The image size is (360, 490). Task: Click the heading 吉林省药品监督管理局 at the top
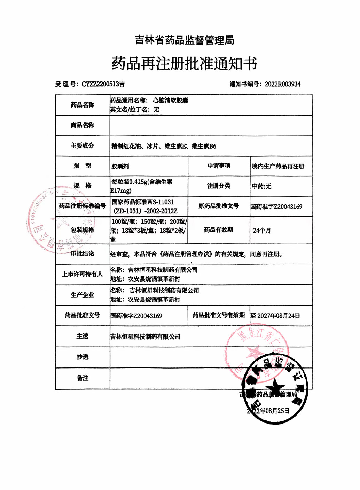click(x=185, y=40)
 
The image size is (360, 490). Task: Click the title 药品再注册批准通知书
click(x=184, y=63)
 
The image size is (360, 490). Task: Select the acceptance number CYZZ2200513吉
click(x=103, y=84)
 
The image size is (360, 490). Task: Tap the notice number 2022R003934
click(x=282, y=84)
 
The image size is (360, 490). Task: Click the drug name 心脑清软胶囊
click(x=170, y=101)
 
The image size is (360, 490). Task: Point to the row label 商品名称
click(x=82, y=125)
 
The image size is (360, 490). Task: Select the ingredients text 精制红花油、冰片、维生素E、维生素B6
click(x=164, y=146)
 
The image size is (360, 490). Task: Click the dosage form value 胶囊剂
click(x=120, y=166)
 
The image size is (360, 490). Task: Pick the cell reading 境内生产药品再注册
click(x=278, y=166)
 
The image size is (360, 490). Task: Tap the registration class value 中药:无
click(x=261, y=186)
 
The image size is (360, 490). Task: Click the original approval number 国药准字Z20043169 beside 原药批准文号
click(x=276, y=207)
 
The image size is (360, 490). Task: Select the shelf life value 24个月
click(x=262, y=230)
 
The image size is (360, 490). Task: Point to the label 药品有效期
click(x=218, y=230)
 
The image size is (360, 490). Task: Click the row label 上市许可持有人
click(x=82, y=274)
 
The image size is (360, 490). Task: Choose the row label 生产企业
click(x=82, y=295)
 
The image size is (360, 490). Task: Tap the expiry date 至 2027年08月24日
click(x=275, y=316)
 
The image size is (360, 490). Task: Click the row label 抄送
click(x=83, y=357)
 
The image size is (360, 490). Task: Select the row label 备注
click(x=83, y=378)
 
